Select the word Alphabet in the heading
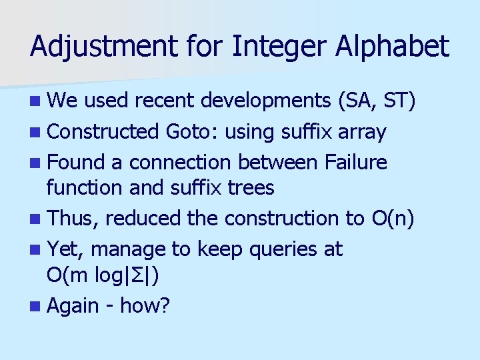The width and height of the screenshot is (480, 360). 399,47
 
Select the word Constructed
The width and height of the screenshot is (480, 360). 103,131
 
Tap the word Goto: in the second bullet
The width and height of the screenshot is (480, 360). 191,131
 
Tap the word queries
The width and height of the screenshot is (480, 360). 275,249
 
